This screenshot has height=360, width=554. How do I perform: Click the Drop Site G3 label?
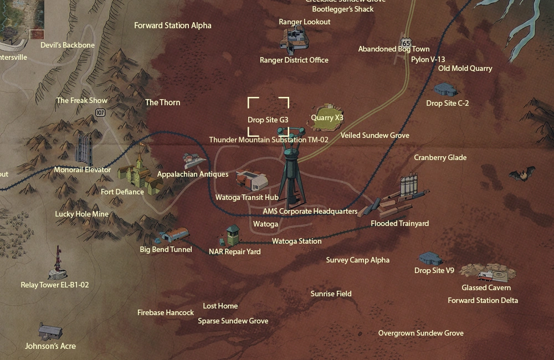click(x=268, y=120)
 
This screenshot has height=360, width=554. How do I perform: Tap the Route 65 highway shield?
click(x=407, y=43)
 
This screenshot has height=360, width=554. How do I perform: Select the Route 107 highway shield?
click(x=100, y=112)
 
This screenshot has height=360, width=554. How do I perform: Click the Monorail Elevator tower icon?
click(x=84, y=148)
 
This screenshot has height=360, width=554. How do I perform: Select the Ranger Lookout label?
click(x=305, y=22)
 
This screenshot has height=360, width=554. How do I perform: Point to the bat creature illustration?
click(x=522, y=174)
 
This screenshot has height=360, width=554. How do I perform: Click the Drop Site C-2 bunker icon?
click(x=447, y=89)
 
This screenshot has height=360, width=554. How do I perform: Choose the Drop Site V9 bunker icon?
click(x=430, y=258)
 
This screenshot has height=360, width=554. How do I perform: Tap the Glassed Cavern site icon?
click(x=488, y=272)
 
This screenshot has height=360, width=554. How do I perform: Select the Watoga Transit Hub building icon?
click(x=252, y=180)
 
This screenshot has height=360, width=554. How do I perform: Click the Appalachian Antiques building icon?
click(x=194, y=161)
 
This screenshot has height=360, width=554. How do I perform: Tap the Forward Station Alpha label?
click(x=173, y=25)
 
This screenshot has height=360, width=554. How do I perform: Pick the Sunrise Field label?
click(x=331, y=294)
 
